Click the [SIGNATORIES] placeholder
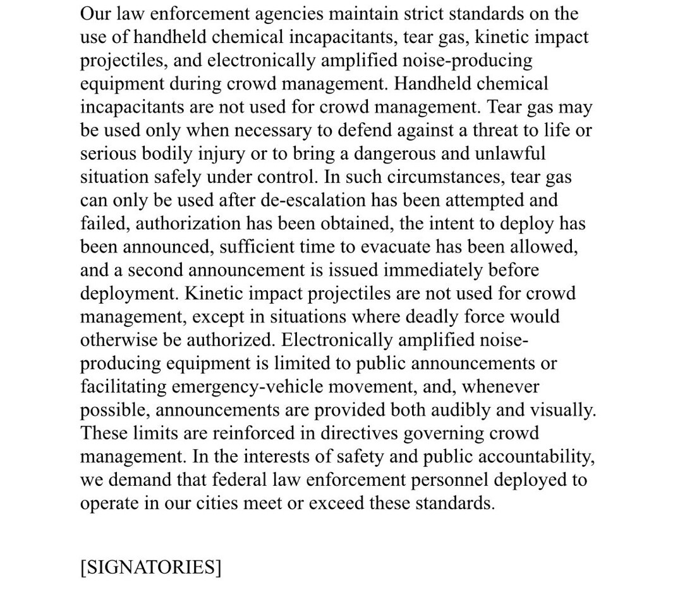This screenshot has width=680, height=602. (150, 567)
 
